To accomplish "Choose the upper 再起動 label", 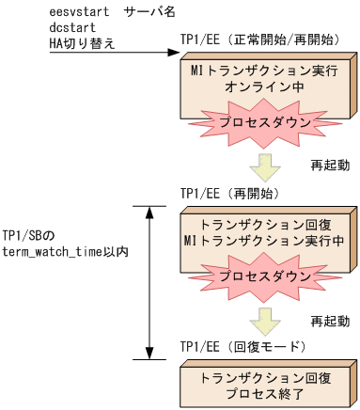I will click(331, 165).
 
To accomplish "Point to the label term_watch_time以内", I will click(65, 250).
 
